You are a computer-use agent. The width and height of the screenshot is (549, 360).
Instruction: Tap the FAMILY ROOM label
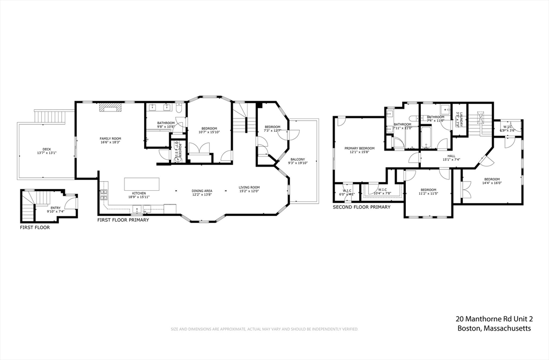tap(110, 139)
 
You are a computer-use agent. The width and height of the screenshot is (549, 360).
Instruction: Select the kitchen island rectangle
tap(142, 184)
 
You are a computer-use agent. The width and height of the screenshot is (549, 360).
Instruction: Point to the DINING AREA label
tap(202, 191)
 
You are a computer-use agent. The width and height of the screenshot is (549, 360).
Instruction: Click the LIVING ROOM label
tap(249, 187)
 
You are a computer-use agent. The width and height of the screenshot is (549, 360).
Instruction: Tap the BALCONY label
tap(298, 159)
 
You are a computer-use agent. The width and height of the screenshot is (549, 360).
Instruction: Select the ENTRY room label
tap(56, 207)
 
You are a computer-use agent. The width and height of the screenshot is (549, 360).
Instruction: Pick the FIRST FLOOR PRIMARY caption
tap(123, 220)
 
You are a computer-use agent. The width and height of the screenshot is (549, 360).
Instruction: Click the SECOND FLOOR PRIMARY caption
tap(361, 207)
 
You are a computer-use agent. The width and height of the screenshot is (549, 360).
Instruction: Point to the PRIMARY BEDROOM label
tap(359, 148)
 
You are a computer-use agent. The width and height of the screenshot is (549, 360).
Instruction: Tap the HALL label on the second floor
tap(451, 155)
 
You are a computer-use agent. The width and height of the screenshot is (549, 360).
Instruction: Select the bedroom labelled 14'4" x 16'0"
tap(492, 179)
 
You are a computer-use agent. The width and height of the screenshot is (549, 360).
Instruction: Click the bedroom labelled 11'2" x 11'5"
tap(428, 190)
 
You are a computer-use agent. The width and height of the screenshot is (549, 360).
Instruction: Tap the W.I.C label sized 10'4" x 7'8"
tap(382, 189)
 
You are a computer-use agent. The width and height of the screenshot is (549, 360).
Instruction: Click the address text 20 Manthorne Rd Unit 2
tap(494, 319)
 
